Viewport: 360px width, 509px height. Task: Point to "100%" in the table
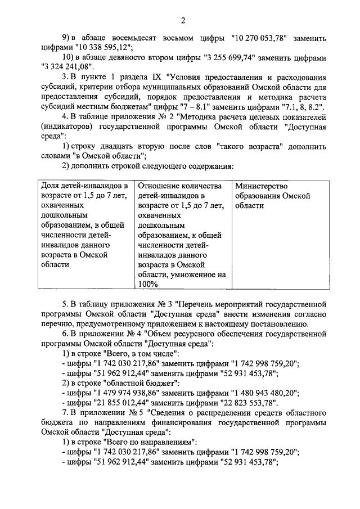pyautogui.click(x=148, y=285)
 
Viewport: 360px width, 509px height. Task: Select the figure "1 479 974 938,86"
pyautogui.click(x=123, y=393)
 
